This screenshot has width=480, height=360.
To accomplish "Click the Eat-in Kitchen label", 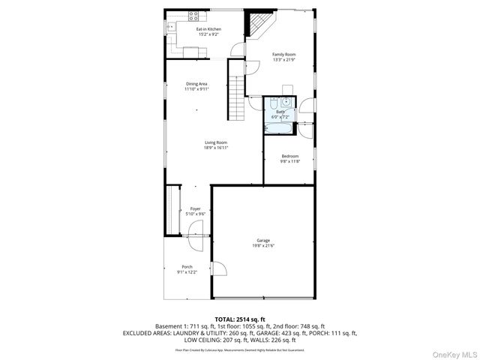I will tap(187, 29).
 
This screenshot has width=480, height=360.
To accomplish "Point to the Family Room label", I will tap(283, 54).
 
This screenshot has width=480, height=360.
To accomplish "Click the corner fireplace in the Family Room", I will tap(259, 25).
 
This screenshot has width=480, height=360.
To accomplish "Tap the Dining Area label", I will tap(196, 83).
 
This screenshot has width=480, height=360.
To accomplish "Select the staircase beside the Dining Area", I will tap(237, 96).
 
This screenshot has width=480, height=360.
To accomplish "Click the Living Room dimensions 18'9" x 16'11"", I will tap(215, 148).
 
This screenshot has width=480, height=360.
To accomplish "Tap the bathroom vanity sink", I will tap(274, 104).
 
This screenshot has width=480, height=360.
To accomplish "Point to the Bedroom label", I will tap(289, 156).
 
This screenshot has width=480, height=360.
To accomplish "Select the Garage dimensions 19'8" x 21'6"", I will tap(262, 245).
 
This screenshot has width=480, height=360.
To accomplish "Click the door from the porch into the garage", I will tap(219, 268).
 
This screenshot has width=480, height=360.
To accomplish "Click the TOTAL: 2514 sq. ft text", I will tap(240, 319).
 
